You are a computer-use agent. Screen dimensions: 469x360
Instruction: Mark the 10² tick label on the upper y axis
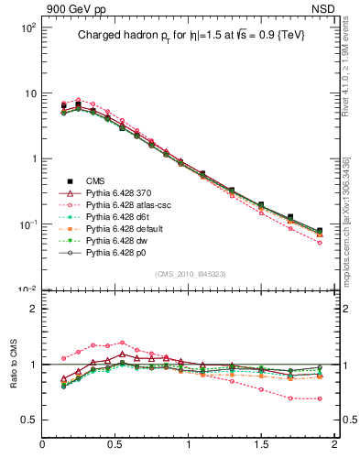[28, 27]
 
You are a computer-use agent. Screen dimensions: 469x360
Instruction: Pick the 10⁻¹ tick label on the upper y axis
[28, 224]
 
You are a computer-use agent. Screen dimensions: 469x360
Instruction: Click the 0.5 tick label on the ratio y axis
[27, 420]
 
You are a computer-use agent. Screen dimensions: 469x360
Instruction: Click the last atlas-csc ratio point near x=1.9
[320, 398]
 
